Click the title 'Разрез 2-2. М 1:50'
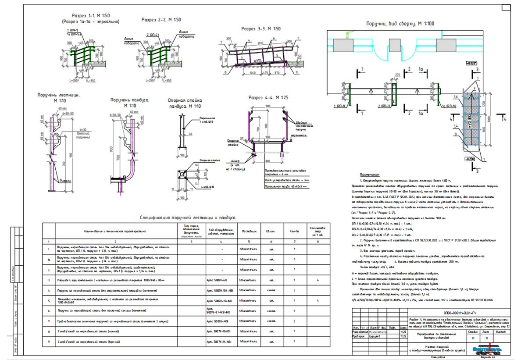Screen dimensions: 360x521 pyautogui.click(x=161, y=20)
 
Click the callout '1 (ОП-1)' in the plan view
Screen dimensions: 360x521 pyautogui.click(x=339, y=106)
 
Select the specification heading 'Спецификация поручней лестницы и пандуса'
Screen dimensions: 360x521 pyautogui.click(x=188, y=217)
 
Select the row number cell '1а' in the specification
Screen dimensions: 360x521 pyautogui.click(x=49, y=259)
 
